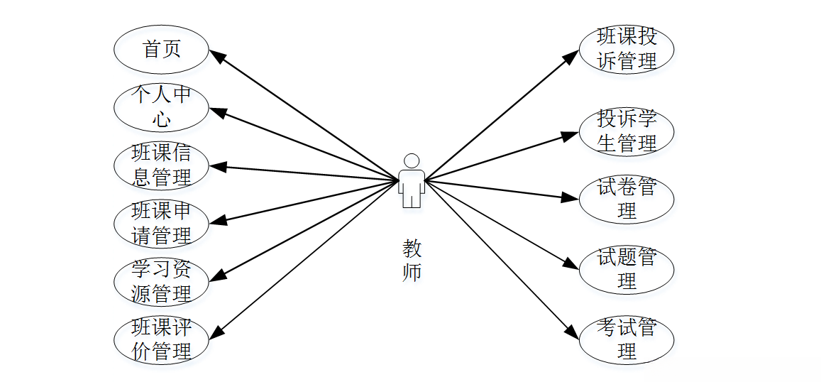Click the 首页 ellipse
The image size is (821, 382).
click(x=162, y=50)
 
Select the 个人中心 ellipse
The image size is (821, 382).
click(x=162, y=108)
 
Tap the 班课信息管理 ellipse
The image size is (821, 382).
click(x=162, y=165)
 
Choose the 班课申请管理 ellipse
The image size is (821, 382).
click(x=162, y=224)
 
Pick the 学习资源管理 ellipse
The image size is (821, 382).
click(x=162, y=282)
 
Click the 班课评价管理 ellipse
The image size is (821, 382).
click(x=162, y=339)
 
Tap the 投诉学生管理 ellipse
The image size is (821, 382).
click(x=627, y=131)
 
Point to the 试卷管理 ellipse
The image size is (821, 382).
click(x=627, y=200)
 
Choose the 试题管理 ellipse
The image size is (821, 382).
click(x=627, y=269)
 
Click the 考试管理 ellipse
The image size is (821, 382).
click(x=627, y=339)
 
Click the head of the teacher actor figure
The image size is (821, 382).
click(x=411, y=160)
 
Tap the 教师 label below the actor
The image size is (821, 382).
click(x=412, y=261)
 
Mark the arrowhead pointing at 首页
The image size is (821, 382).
click(x=216, y=56)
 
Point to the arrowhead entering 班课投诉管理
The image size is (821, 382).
click(x=573, y=56)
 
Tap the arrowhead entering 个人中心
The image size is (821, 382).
click(x=216, y=112)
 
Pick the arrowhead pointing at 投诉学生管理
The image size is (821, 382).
click(x=571, y=135)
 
